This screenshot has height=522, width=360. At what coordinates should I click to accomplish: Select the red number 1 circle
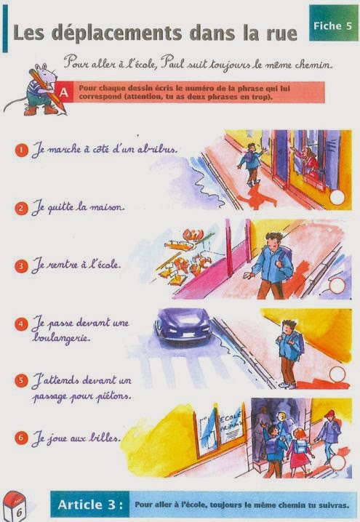(22, 150)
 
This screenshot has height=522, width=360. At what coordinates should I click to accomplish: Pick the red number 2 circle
(22, 208)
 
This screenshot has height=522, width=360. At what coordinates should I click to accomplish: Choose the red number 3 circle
(22, 266)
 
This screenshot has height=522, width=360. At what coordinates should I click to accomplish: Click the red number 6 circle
(22, 438)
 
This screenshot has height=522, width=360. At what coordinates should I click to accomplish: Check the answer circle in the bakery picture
(335, 286)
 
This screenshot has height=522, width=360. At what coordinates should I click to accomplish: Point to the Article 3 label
(91, 505)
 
